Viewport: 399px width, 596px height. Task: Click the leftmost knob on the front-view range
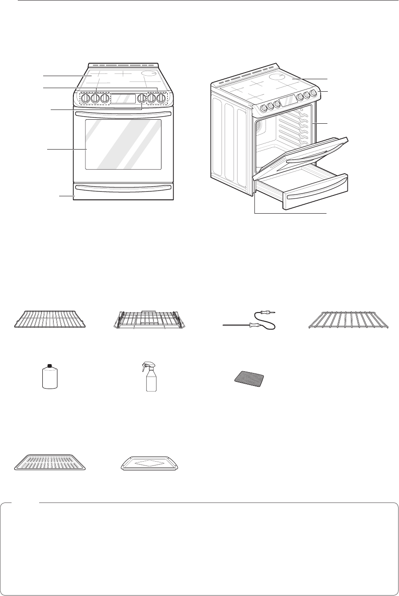[x=85, y=98]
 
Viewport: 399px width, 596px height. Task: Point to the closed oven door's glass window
[x=123, y=144]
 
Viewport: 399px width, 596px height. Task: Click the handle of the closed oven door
[x=123, y=115]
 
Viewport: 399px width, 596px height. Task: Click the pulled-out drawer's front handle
[x=316, y=194]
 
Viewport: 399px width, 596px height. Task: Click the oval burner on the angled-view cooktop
[x=277, y=77]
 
